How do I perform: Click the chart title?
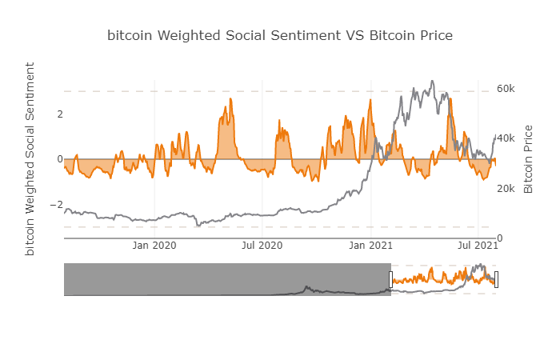280,36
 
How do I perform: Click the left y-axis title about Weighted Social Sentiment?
30,158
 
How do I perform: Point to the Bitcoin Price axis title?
528,159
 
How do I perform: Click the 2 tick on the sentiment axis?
59,114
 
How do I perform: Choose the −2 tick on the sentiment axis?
56,205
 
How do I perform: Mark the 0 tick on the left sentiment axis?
59,159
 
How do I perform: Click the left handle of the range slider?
391,279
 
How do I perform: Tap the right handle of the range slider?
497,279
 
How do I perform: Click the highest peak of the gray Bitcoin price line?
432,81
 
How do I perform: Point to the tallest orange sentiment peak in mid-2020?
230,99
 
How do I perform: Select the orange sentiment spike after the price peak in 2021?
450,99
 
